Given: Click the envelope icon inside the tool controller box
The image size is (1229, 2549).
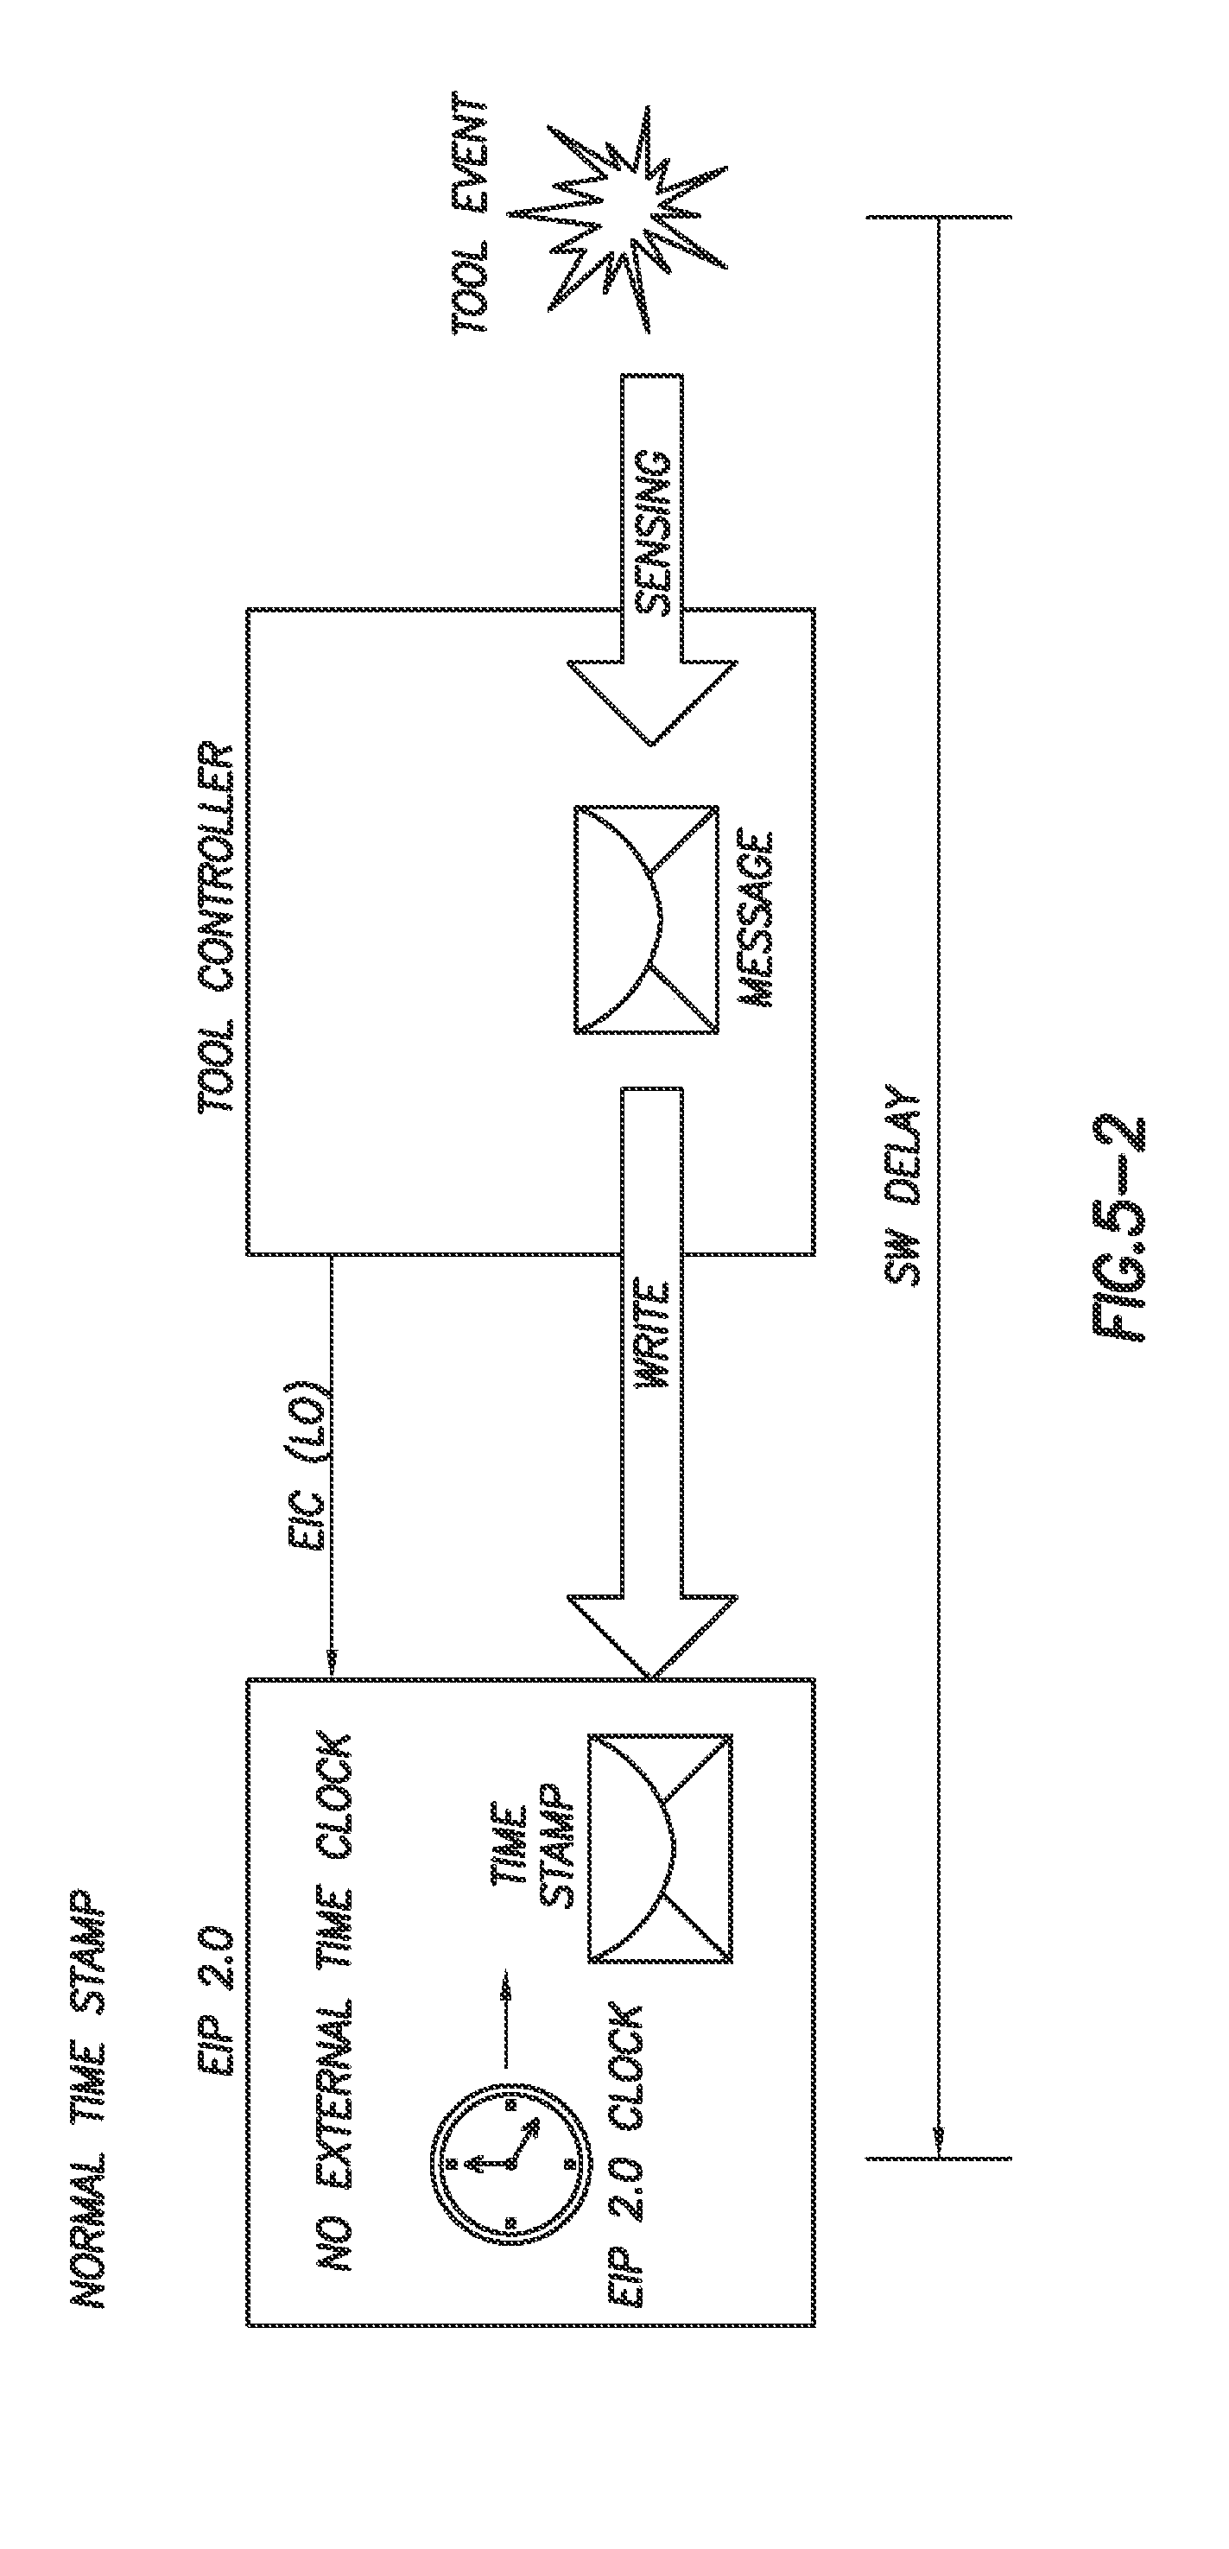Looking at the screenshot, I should coord(646,919).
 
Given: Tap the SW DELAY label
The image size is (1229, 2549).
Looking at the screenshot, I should coord(903,1188).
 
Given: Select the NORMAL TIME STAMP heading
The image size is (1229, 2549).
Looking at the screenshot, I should coord(89,2099).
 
